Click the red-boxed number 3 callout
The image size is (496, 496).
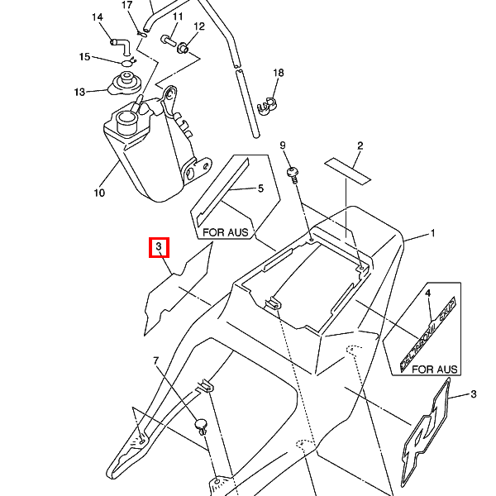pos(159,247)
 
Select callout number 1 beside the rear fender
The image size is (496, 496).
pos(432,235)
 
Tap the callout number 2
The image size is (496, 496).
pos(360,146)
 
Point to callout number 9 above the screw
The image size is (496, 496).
pos(283,145)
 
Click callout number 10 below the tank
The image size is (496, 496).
pos(99,193)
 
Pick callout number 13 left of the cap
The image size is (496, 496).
pos(79,92)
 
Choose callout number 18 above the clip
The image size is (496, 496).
pos(279,74)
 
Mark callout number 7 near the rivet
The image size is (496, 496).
pos(155,361)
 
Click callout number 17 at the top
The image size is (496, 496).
pos(127,6)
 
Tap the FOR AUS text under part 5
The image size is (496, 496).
pos(226,233)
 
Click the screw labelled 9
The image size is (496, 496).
pos(293,174)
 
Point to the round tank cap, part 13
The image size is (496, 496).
pos(126,83)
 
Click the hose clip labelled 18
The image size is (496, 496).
pos(267,104)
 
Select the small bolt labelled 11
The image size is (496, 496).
pos(168,39)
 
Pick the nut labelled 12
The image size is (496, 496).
pos(184,48)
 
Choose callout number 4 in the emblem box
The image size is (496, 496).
pos(428,293)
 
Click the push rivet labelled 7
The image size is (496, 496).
pos(200,425)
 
